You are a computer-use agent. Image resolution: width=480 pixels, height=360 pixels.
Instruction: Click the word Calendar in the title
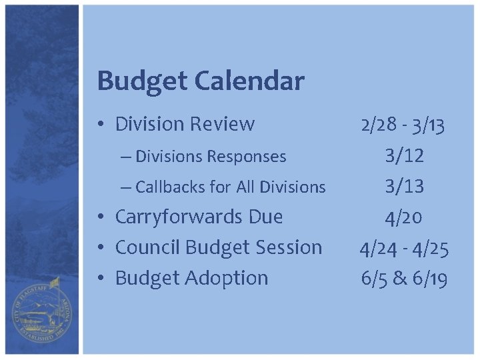pyautogui.click(x=249, y=82)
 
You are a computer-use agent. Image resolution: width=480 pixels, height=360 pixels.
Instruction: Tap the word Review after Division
pyautogui.click(x=223, y=124)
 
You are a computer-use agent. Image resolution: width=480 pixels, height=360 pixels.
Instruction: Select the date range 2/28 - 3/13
pyautogui.click(x=404, y=125)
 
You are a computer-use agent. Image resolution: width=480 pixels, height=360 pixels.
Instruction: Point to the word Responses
pyautogui.click(x=247, y=157)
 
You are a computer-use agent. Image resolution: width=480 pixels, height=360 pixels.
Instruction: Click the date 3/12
pyautogui.click(x=404, y=156)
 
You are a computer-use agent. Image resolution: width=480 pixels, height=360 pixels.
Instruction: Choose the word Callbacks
pyautogui.click(x=170, y=187)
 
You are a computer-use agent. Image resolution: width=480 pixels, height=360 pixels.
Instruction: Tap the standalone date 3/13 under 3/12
pyautogui.click(x=404, y=187)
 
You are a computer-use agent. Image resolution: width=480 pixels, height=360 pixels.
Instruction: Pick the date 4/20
pyautogui.click(x=404, y=217)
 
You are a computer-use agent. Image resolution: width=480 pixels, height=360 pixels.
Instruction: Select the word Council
pyautogui.click(x=148, y=247)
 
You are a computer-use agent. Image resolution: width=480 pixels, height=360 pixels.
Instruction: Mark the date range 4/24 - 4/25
pyautogui.click(x=404, y=248)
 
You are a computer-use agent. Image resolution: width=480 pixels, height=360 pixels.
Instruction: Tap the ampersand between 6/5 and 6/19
pyautogui.click(x=400, y=279)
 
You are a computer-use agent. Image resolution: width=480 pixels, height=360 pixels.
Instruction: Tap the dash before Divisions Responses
pyautogui.click(x=127, y=157)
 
